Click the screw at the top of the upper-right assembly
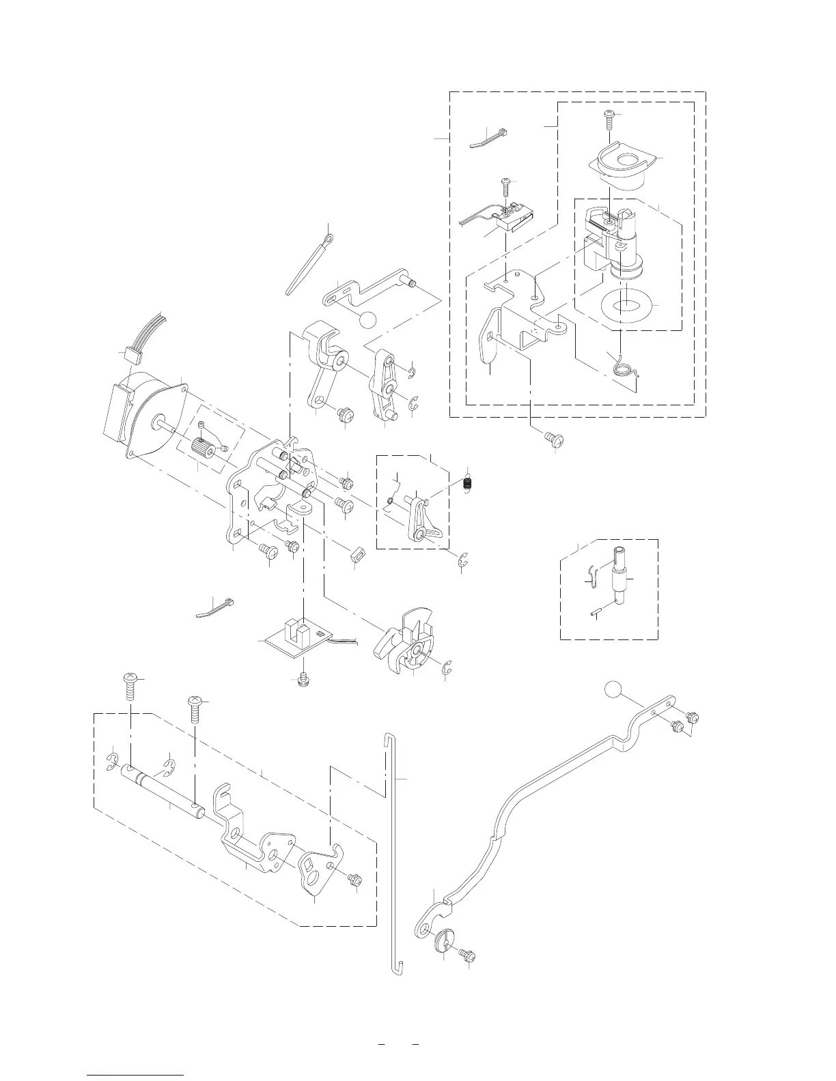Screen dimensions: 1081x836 [608, 120]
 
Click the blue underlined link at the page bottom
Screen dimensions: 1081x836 [137, 1076]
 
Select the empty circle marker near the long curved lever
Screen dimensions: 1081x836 [614, 691]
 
